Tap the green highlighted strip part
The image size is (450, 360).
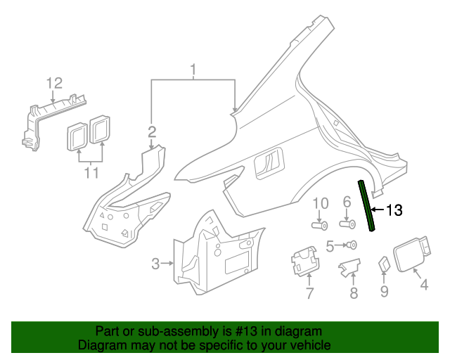coord(366,205)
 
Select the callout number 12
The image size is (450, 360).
coord(55,84)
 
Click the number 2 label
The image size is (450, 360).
coord(152,131)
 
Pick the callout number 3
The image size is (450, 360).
coord(155,264)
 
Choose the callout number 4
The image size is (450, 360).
coord(424,285)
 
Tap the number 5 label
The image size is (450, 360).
coord(330,245)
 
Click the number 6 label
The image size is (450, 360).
coord(347,203)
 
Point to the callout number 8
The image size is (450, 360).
coord(354,293)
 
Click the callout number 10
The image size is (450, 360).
coord(321,203)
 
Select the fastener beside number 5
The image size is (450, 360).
coord(352,245)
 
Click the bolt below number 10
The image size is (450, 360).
coord(321,226)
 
